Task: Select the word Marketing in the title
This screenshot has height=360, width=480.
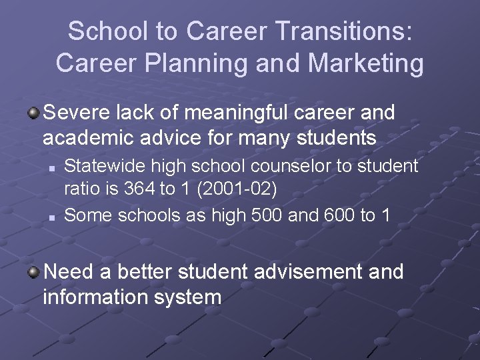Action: tap(364, 63)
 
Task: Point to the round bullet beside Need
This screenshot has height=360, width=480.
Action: tap(33, 271)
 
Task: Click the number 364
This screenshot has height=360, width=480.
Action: tap(137, 189)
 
